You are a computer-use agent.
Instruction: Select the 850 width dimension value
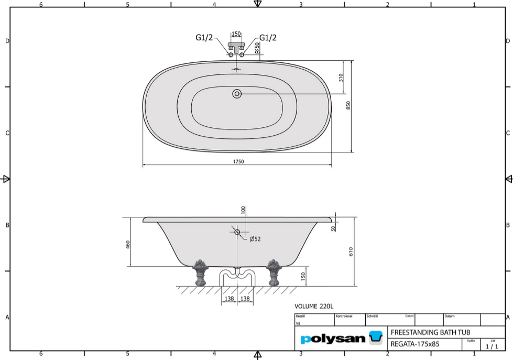pyautogui.click(x=348, y=106)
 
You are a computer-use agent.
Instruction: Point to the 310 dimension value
pyautogui.click(x=341, y=78)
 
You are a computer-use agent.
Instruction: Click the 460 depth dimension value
pyautogui.click(x=128, y=245)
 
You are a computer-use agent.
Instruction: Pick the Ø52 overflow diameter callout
pyautogui.click(x=255, y=239)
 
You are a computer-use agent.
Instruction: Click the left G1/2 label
pyautogui.click(x=204, y=38)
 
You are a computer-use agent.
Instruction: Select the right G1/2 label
pyautogui.click(x=268, y=38)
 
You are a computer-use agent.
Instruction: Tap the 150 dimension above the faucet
pyautogui.click(x=236, y=34)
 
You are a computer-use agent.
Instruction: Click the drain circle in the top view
pyautogui.click(x=237, y=94)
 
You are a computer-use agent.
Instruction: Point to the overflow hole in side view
pyautogui.click(x=237, y=232)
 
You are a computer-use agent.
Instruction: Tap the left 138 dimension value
pyautogui.click(x=229, y=298)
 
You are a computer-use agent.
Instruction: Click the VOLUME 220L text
pyautogui.click(x=314, y=307)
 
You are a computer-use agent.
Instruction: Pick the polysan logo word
pyautogui.click(x=333, y=339)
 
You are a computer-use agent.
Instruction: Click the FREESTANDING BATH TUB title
pyautogui.click(x=430, y=332)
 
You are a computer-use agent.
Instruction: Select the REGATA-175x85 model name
pyautogui.click(x=415, y=344)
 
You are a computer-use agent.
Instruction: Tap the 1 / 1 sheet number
pyautogui.click(x=492, y=346)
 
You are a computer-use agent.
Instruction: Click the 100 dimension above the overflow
pyautogui.click(x=243, y=210)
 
